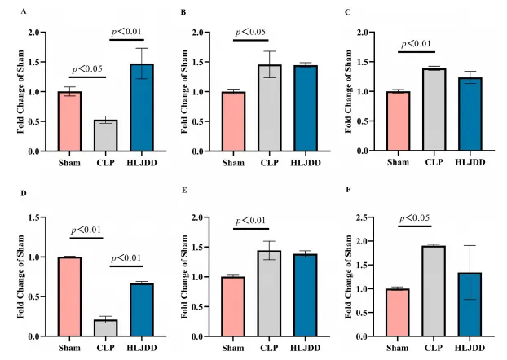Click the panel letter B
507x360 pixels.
point(184,13)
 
